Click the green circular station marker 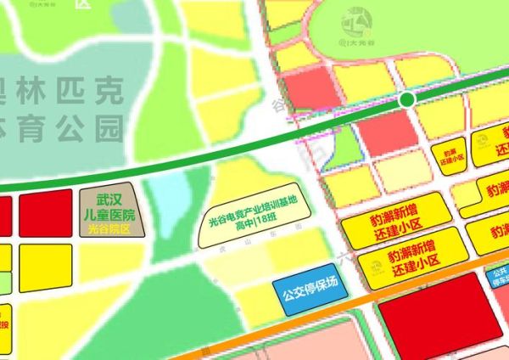pyautogui.click(x=407, y=100)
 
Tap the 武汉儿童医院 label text pyautogui.click(x=109, y=206)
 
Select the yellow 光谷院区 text pyautogui.click(x=108, y=228)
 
